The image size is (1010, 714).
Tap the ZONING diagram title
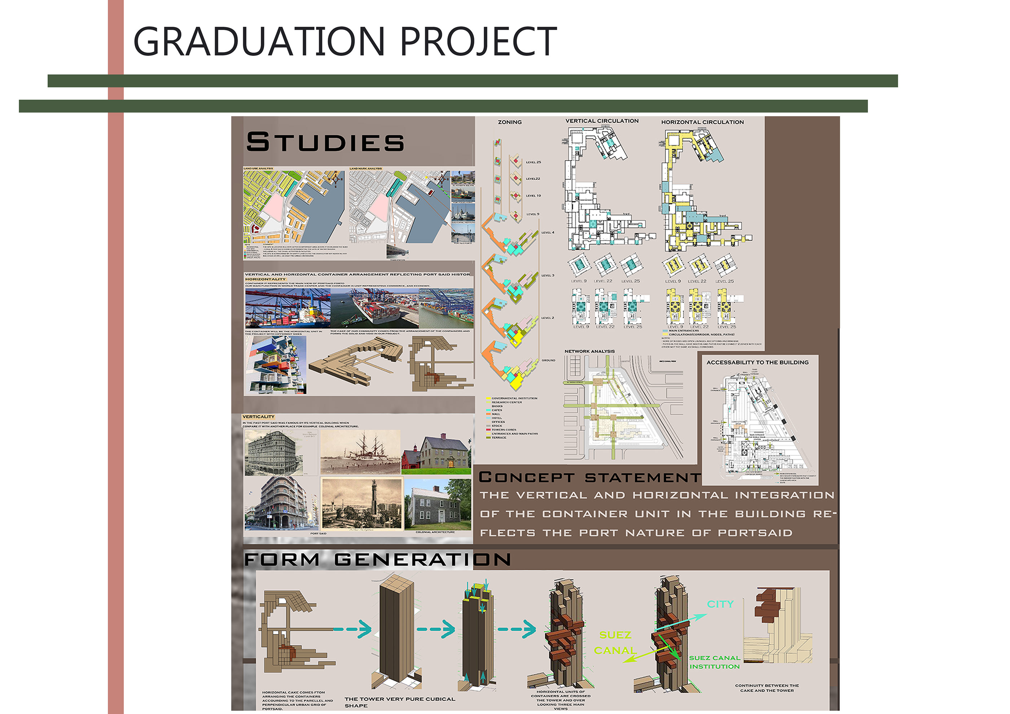509,122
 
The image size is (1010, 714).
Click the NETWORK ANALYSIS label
589,351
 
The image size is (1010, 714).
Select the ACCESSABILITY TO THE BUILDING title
757,362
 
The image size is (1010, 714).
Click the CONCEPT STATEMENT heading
589,477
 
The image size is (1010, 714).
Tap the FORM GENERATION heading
377,559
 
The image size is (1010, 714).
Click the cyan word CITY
720,604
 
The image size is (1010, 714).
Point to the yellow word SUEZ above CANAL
615,635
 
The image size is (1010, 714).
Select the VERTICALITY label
258,416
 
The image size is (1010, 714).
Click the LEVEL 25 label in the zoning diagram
533,162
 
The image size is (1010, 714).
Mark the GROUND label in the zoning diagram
548,360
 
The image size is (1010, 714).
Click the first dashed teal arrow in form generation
352,629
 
